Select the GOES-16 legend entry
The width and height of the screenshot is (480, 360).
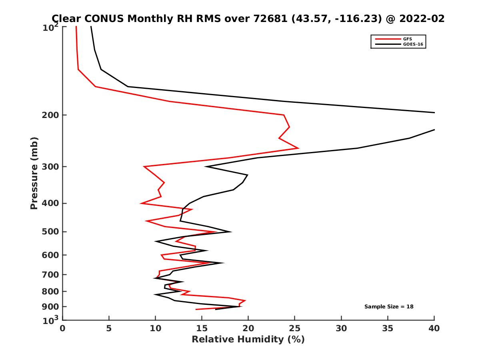pos(412,44)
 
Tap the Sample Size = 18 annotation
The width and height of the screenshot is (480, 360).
pos(389,307)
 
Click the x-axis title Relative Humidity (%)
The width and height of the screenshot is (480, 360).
pos(248,340)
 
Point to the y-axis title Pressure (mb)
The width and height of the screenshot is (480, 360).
pos(34,173)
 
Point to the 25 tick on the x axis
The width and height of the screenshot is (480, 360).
pos(295,329)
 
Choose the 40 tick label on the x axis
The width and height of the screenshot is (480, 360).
pos(434,329)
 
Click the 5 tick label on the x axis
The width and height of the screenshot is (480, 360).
pos(109,329)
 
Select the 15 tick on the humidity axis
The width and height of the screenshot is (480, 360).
pos(202,329)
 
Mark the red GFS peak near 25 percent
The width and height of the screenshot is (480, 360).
pos(298,148)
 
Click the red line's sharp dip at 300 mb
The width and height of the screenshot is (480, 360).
pos(144,166)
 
